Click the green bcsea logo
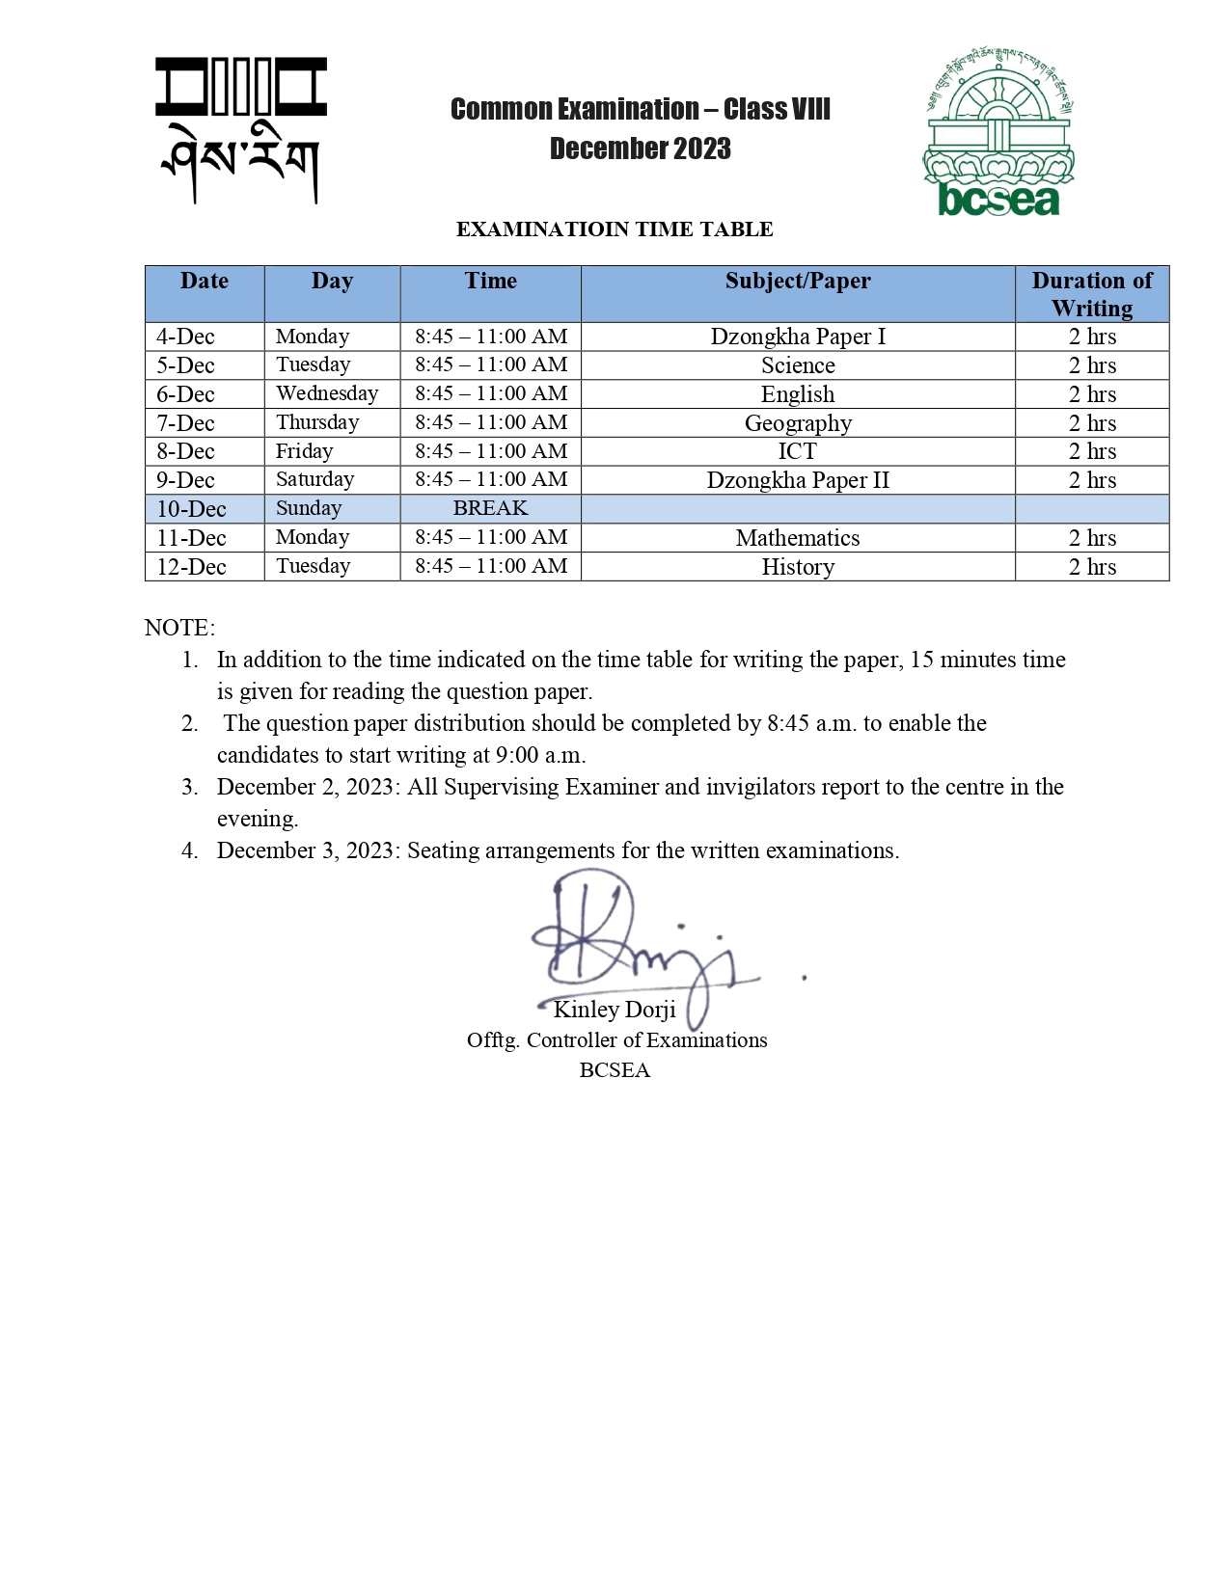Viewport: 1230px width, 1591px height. click(998, 130)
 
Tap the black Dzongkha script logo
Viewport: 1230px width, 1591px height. click(241, 130)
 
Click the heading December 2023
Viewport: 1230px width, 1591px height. click(641, 148)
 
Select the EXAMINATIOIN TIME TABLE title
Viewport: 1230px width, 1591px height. click(615, 229)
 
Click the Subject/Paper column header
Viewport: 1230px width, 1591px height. click(798, 282)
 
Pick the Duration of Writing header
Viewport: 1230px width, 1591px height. click(1092, 294)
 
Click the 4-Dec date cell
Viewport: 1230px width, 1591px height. click(185, 337)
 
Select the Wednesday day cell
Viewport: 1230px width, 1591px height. click(327, 393)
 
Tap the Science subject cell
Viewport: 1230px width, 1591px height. click(798, 365)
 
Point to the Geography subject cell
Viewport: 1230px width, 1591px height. click(798, 423)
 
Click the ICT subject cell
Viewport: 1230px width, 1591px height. click(798, 451)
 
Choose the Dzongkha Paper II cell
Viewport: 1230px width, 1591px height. click(798, 480)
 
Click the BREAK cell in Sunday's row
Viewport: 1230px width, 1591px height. click(490, 508)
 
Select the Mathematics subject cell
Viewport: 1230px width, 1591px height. click(798, 538)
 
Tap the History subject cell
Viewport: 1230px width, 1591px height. click(798, 567)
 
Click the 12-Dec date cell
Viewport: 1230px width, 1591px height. click(191, 567)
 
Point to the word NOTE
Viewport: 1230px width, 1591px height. click(179, 628)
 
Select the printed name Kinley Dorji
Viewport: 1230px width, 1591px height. click(615, 1010)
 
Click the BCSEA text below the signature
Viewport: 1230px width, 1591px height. click(615, 1070)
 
